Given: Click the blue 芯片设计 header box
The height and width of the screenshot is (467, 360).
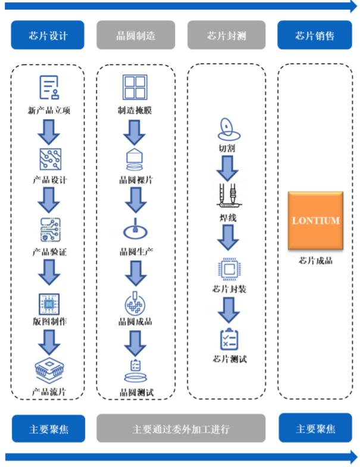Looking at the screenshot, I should tap(48, 35).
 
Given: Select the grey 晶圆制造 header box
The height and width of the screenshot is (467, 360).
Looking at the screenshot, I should tap(136, 35).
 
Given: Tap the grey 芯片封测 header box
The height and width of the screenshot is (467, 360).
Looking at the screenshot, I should tap(226, 35).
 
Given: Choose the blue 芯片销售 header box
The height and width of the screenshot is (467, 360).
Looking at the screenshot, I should tap(315, 35).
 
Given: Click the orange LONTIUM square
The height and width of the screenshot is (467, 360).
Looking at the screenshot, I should tap(315, 220).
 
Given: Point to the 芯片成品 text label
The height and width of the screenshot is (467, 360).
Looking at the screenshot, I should tap(315, 260).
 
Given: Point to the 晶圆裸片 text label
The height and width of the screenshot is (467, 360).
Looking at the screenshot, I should tap(136, 180).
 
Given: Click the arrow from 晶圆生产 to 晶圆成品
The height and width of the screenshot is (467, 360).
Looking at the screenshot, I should tap(137, 273).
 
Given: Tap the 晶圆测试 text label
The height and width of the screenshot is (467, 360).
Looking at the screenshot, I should tap(136, 392).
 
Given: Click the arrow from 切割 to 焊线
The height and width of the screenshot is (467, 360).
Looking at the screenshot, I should tap(227, 168).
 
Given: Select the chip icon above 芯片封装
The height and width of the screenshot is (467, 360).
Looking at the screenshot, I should tap(227, 270).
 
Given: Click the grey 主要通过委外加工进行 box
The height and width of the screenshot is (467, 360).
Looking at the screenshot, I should tap(181, 429).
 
